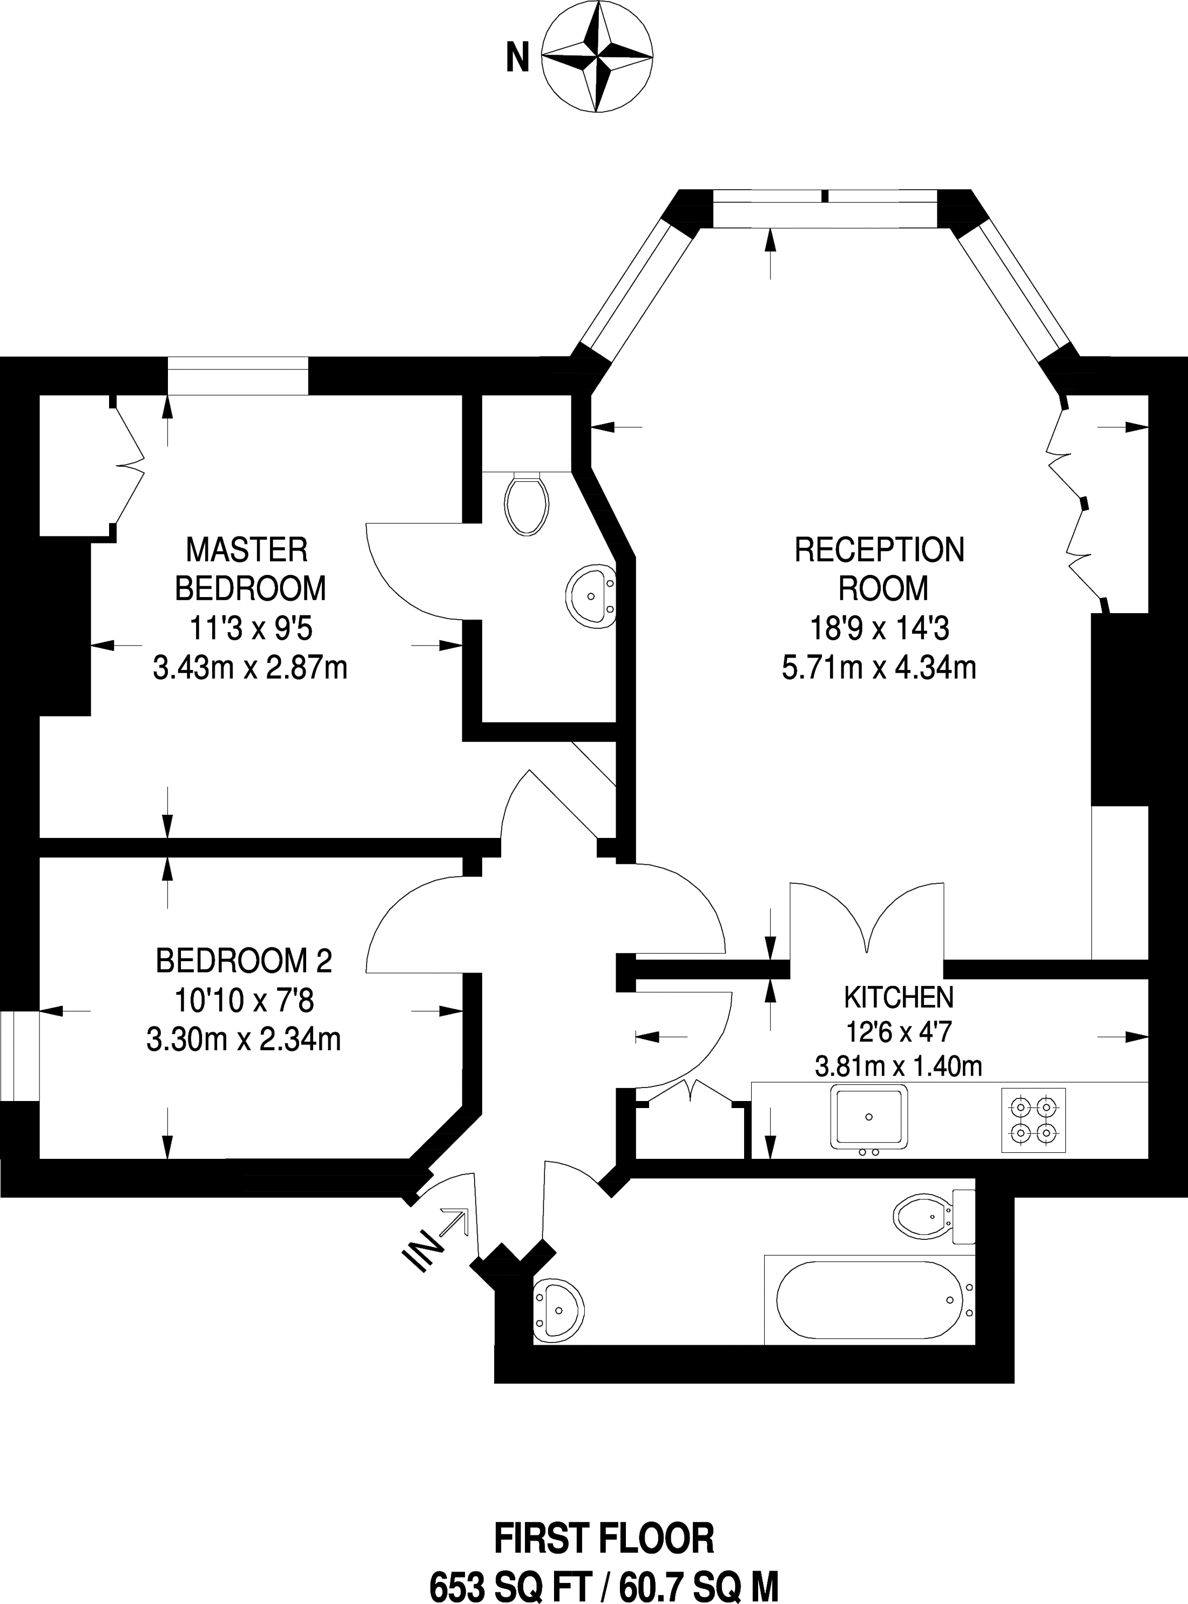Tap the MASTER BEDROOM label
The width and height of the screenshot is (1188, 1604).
[249, 569]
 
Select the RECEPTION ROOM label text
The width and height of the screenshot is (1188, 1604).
[879, 569]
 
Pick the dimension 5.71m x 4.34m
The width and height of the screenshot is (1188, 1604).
[879, 668]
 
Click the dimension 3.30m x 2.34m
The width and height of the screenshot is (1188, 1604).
[244, 1039]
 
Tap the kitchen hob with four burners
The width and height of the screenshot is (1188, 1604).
[1034, 1120]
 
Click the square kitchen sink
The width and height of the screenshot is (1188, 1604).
[869, 1116]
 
